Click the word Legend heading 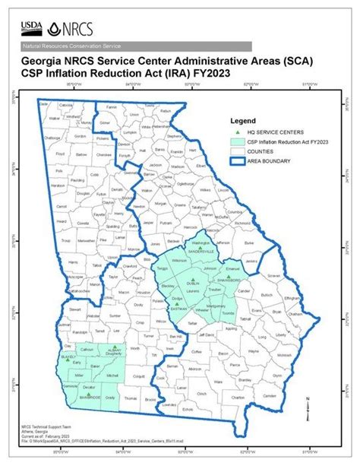(242, 120)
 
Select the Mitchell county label (112, 377)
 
